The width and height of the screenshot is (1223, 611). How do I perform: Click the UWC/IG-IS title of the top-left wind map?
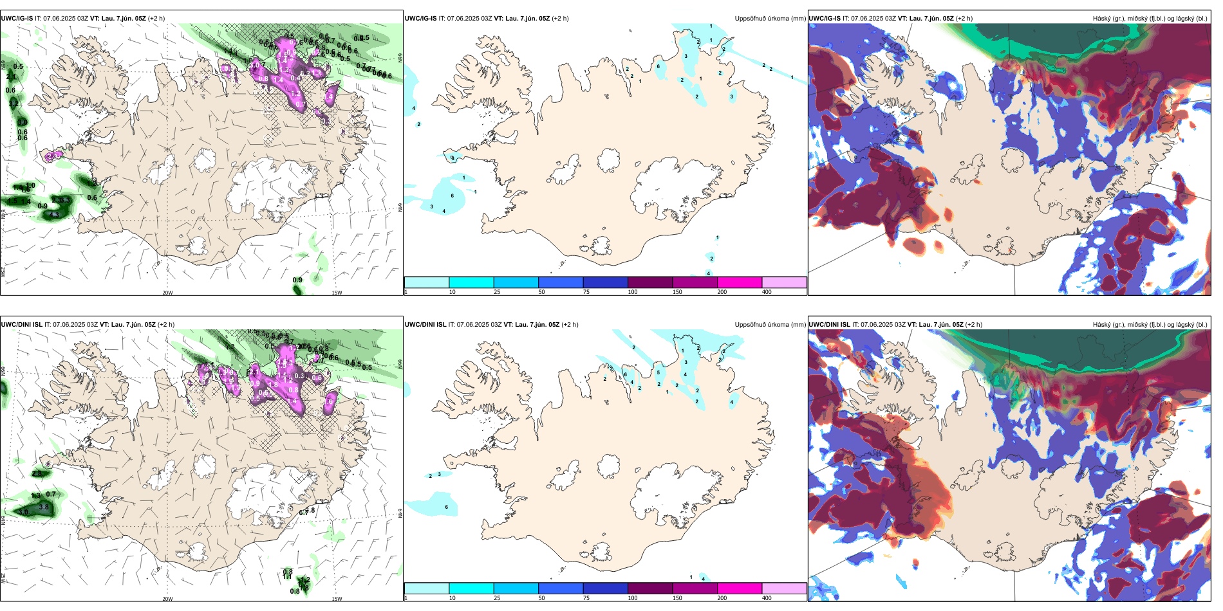[x=17, y=19]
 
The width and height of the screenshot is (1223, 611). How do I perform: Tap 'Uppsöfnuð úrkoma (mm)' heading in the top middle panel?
[x=770, y=19]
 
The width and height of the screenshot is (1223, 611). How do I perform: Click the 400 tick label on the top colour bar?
[x=767, y=292]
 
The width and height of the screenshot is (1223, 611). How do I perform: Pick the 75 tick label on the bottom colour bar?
[x=586, y=598]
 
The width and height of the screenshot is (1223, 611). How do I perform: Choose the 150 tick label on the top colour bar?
[x=677, y=292]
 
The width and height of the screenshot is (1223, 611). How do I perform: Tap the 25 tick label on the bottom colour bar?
[x=497, y=598]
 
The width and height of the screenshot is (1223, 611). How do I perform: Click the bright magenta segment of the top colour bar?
[x=740, y=282]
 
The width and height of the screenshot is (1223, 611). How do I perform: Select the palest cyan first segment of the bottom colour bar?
[x=426, y=588]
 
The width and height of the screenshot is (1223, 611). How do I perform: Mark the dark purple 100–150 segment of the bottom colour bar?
[x=650, y=588]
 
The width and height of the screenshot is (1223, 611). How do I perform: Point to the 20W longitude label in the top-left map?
[x=167, y=293]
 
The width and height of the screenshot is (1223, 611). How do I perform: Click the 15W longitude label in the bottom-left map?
[x=337, y=599]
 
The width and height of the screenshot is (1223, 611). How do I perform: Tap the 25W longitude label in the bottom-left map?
[x=3, y=578]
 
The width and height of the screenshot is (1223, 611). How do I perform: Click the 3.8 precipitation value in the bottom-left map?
[x=44, y=507]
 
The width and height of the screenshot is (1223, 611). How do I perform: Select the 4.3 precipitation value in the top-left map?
[x=55, y=215]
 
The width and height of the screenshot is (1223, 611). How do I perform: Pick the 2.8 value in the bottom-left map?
[x=37, y=474]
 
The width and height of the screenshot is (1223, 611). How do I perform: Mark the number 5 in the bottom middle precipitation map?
[x=658, y=373]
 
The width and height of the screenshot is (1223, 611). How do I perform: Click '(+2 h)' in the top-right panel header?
[x=964, y=19]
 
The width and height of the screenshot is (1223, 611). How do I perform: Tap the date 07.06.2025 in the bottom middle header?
[x=473, y=325]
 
